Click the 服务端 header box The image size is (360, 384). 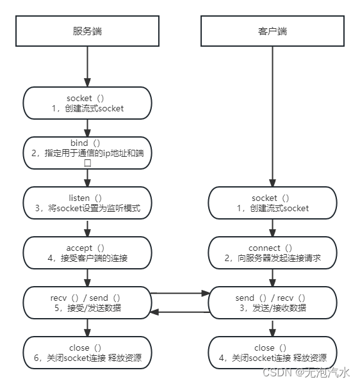point(87,31)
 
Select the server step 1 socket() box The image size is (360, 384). point(87,103)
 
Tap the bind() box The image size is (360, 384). point(87,152)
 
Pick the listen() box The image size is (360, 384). point(87,202)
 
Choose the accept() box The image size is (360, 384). point(87,252)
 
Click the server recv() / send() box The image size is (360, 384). point(87,302)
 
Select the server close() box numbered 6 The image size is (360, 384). point(87,353)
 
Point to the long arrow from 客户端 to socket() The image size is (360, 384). point(272,115)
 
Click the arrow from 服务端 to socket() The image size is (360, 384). point(87,67)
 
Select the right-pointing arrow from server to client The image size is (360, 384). point(181,294)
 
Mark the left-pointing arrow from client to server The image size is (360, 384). point(181,312)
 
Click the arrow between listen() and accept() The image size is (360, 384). point(87,227)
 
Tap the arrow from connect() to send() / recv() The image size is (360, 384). point(272,277)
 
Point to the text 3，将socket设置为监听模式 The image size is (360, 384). point(87,209)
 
